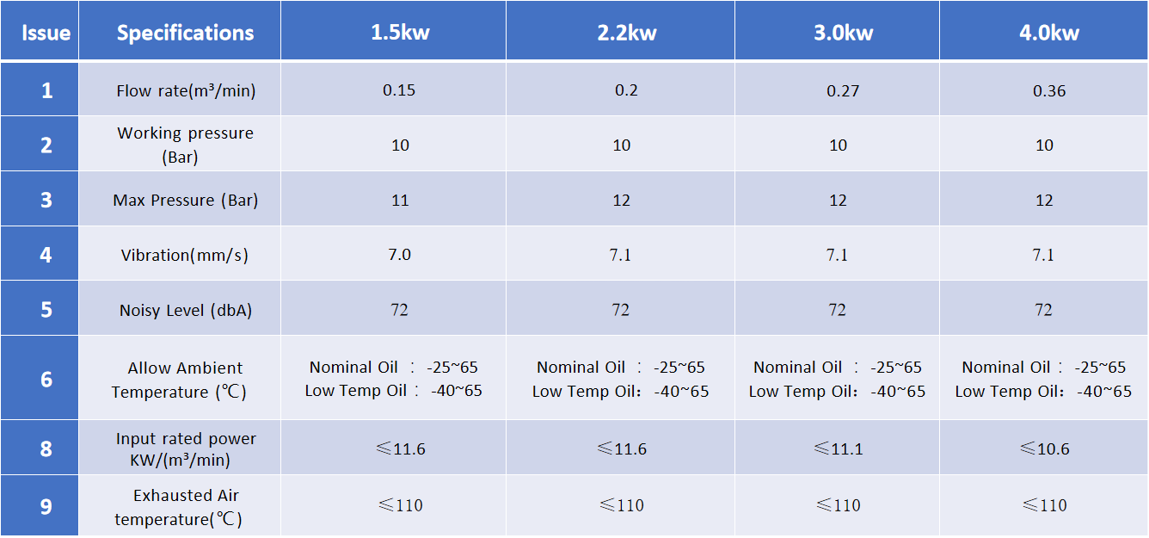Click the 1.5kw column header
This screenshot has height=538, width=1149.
coord(400,34)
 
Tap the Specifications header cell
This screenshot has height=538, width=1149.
coord(185,34)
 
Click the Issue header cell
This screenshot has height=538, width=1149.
coord(46,34)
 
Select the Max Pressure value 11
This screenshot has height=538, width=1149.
coord(400,201)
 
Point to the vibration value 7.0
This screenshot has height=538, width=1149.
coord(400,255)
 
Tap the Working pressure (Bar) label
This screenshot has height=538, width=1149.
coord(185,145)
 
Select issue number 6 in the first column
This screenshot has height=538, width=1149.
coord(46,380)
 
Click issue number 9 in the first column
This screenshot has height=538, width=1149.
coord(46,506)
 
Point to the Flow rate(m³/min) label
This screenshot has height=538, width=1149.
coord(186,90)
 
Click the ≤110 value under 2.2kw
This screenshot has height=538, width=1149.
coord(620,505)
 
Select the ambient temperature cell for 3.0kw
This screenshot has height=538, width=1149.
coord(837,379)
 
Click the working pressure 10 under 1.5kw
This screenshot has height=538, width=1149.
coord(400,145)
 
